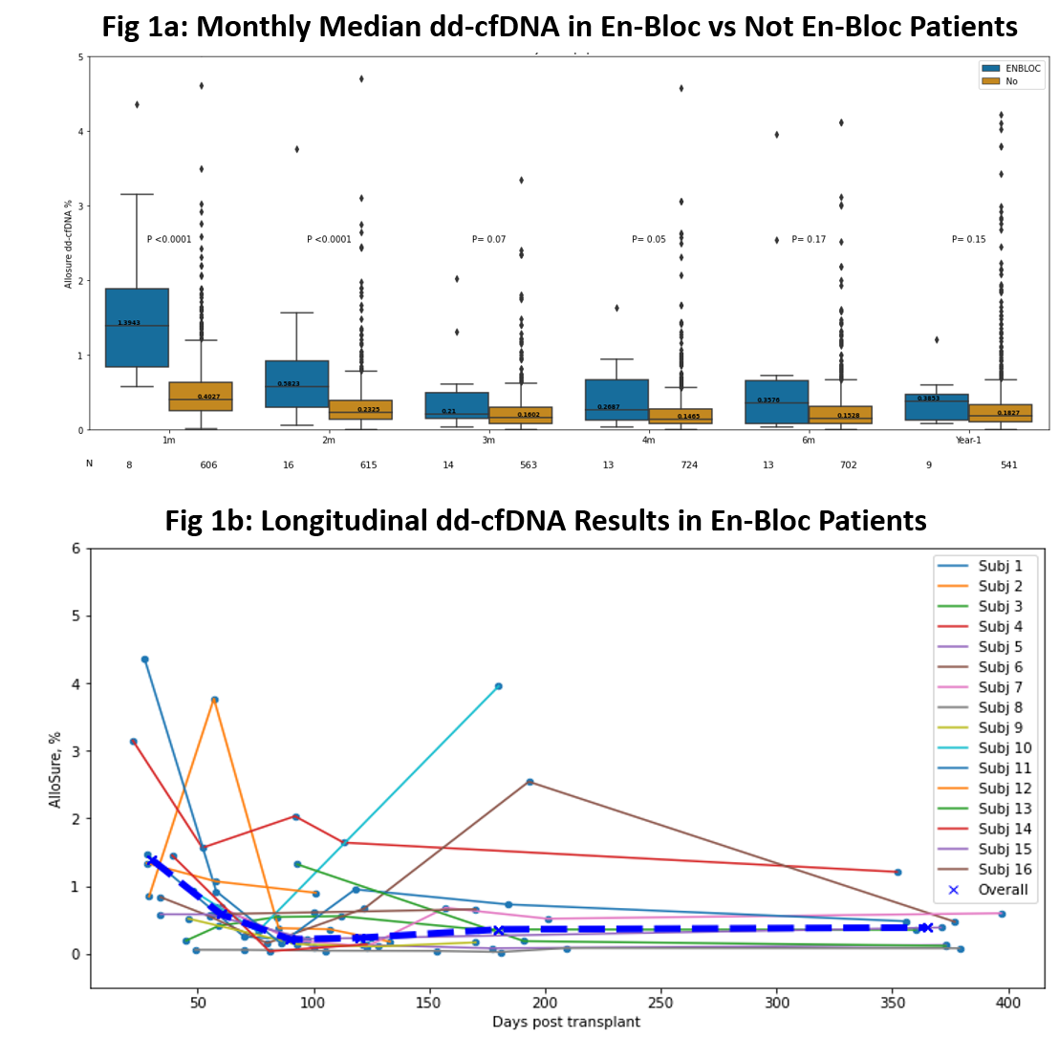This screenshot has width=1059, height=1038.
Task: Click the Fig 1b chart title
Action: click(x=546, y=521)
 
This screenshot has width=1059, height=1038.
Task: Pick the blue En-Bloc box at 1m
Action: click(x=137, y=328)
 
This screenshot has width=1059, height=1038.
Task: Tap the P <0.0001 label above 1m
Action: click(x=169, y=239)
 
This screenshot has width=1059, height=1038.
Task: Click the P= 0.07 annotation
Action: click(x=488, y=239)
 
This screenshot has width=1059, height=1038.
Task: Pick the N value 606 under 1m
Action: click(x=208, y=465)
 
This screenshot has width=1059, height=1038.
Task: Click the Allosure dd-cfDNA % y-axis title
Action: click(x=69, y=244)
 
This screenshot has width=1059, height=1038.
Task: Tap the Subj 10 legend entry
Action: click(x=1000, y=747)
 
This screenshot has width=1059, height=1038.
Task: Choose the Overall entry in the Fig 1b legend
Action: click(x=1000, y=890)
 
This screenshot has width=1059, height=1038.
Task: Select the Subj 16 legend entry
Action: click(x=1000, y=870)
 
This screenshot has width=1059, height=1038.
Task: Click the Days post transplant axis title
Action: click(x=566, y=1022)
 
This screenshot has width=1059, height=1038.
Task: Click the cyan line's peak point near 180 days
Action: click(x=498, y=686)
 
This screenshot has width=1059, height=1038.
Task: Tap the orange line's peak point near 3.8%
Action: click(x=215, y=700)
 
